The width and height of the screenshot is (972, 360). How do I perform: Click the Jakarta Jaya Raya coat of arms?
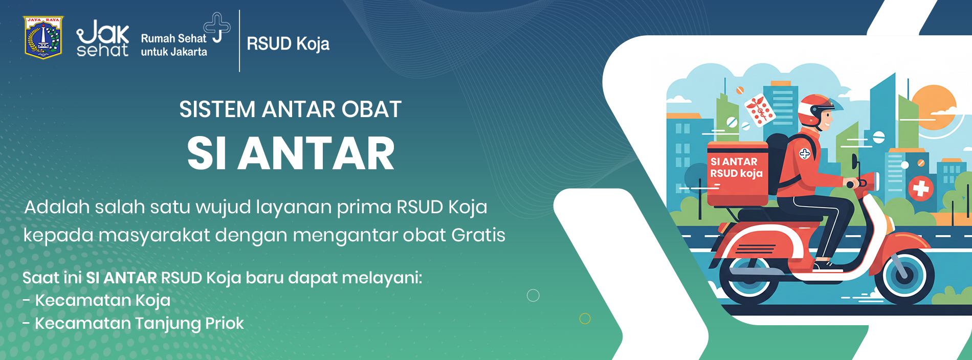tap(43, 37)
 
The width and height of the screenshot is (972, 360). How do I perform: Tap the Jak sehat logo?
tap(102, 38)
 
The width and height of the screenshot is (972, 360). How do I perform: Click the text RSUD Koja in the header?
tap(288, 44)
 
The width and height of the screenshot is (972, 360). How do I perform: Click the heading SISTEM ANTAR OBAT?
tap(290, 109)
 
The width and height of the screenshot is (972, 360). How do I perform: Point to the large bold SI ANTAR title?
tap(291, 153)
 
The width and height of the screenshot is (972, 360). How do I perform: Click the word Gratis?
tap(478, 235)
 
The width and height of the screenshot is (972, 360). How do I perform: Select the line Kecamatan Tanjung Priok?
tap(134, 323)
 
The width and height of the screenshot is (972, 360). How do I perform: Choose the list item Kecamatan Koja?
tap(97, 300)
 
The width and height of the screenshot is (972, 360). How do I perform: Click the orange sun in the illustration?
tap(934, 107)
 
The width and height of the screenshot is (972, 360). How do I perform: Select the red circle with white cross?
tap(921, 189)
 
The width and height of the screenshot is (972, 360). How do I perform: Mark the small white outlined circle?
tap(533, 296)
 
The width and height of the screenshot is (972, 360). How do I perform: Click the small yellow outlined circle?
tap(585, 319)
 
